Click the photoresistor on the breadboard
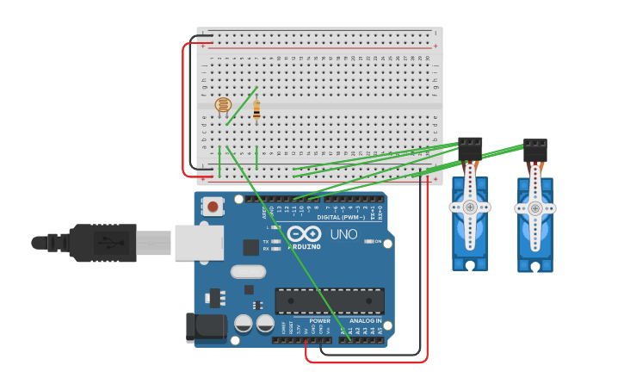[223, 105]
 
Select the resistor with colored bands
[256, 110]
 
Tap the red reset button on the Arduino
[212, 207]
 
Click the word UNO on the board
[343, 233]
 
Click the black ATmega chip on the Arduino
[330, 301]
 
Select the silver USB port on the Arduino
[199, 243]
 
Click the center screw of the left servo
[470, 207]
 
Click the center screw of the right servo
[535, 208]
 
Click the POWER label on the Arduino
[319, 320]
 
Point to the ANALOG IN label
[367, 320]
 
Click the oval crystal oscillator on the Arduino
[248, 272]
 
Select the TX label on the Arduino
[266, 241]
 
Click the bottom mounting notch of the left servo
[470, 266]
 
